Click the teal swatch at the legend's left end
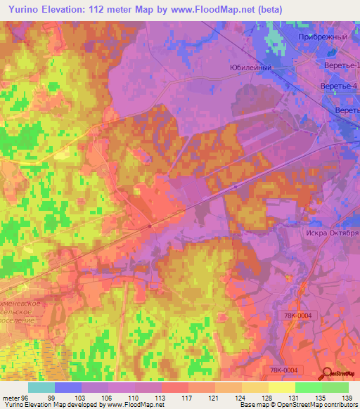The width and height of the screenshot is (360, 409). tap(41, 387)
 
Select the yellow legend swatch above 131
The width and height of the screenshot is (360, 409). tap(282, 387)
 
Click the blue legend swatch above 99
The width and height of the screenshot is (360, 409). tap(68, 387)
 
